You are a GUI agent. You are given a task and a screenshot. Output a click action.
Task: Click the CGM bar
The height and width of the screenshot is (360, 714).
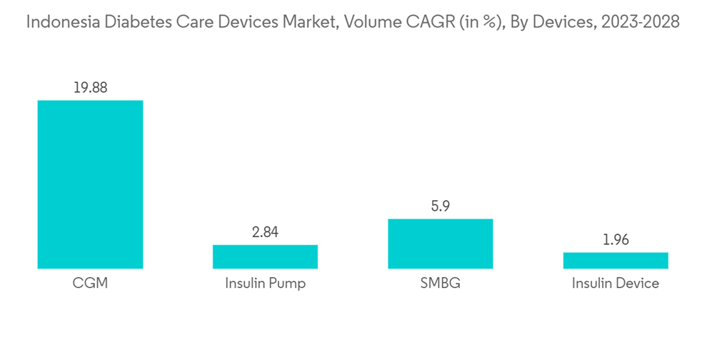point(90,184)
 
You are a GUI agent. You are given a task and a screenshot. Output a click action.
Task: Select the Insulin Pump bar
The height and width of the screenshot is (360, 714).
point(265,256)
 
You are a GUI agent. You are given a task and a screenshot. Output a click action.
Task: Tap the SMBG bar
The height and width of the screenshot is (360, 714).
point(440,244)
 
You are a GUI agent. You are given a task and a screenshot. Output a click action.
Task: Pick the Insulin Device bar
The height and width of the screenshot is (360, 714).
point(615,260)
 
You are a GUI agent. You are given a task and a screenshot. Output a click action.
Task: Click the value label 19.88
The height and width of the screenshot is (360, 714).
point(90,88)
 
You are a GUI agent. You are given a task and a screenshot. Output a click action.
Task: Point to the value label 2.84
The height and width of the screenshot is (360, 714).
point(265,232)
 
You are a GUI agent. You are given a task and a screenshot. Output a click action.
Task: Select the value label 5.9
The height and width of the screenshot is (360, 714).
point(440,206)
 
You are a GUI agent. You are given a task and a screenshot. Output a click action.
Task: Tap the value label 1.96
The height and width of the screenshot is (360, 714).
point(615,240)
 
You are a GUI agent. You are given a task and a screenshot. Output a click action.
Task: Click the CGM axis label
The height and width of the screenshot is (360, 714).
point(90,284)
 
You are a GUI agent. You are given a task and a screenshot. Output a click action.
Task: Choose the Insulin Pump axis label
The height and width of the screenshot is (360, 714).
point(265,284)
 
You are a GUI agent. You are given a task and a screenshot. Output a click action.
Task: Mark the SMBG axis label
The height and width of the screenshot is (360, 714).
point(440,284)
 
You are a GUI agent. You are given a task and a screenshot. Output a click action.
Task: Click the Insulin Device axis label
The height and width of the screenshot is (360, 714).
point(615,284)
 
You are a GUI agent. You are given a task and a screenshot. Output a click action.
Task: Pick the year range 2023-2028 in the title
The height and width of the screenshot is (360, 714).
point(640,22)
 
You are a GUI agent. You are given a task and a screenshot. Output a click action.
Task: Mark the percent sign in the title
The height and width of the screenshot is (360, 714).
point(487,23)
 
